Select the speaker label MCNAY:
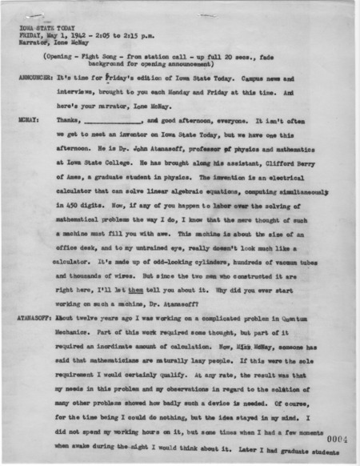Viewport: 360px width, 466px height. click(x=26, y=118)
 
